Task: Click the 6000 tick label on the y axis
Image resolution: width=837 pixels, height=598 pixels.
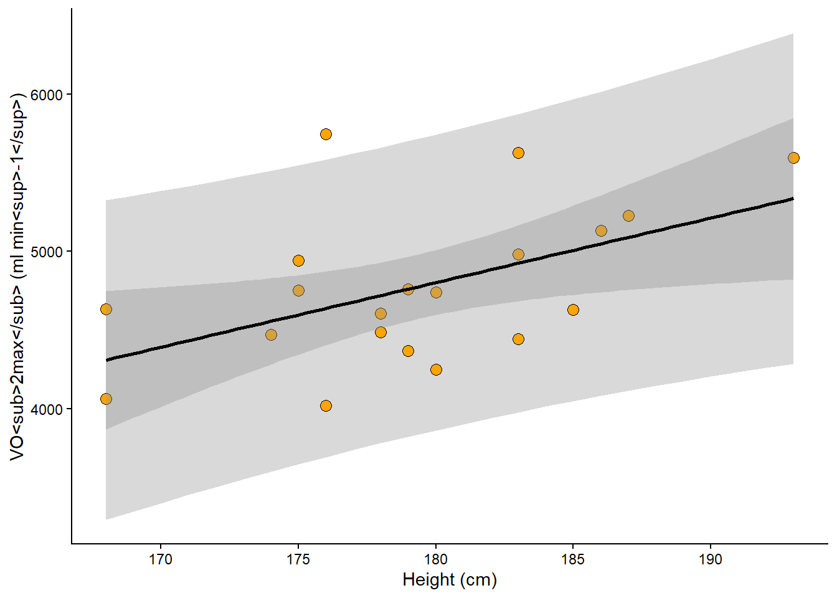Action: (47, 95)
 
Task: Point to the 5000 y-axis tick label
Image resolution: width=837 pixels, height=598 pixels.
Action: (47, 252)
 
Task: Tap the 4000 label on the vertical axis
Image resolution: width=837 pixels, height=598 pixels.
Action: (47, 410)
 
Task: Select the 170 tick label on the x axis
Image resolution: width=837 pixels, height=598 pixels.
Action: (161, 559)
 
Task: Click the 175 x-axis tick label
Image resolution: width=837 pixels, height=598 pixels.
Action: (298, 559)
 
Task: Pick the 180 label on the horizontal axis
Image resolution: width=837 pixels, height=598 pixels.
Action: (436, 559)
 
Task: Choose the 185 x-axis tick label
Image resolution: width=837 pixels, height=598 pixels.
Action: (573, 559)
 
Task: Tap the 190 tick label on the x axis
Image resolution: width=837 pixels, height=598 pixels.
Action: (711, 559)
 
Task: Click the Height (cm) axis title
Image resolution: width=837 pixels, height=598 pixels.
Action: (450, 580)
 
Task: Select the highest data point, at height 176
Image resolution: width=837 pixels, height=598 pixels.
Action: (326, 135)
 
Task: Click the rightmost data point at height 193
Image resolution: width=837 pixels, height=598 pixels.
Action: (793, 158)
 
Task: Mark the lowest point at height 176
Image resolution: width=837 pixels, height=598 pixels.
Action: (326, 406)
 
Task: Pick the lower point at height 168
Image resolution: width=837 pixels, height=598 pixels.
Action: (106, 399)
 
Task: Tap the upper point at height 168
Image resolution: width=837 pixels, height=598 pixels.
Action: (106, 310)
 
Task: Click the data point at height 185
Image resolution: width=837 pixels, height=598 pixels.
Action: (573, 310)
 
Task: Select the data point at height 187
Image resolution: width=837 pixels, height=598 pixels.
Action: (628, 216)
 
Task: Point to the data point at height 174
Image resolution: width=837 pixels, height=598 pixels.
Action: (271, 335)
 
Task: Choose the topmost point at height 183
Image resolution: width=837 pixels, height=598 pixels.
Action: (518, 153)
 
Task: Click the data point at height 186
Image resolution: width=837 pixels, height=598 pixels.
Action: (601, 231)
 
